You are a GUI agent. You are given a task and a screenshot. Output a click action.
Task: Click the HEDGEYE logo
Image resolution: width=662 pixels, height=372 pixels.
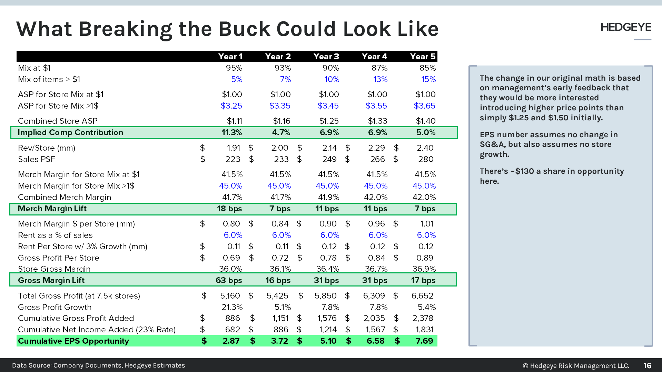pyautogui.click(x=625, y=27)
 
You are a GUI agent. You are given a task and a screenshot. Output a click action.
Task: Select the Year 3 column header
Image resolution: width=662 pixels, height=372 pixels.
pyautogui.click(x=326, y=57)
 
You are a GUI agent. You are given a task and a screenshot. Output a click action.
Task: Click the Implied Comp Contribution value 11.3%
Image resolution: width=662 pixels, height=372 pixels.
pyautogui.click(x=231, y=132)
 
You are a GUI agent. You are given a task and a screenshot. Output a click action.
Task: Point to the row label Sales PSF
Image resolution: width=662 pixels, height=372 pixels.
pyautogui.click(x=37, y=159)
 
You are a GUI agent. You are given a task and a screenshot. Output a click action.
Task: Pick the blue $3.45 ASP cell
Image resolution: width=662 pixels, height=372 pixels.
pyautogui.click(x=328, y=106)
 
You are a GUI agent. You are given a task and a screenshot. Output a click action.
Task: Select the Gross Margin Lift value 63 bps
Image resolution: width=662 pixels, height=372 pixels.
pyautogui.click(x=229, y=280)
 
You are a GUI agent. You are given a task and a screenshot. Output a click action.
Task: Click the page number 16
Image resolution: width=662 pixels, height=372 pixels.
pyautogui.click(x=647, y=365)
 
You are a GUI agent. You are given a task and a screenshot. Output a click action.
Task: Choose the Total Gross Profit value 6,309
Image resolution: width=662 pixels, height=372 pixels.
pyautogui.click(x=374, y=296)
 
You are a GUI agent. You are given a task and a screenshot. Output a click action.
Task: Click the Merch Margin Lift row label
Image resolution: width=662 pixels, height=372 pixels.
pyautogui.click(x=52, y=209)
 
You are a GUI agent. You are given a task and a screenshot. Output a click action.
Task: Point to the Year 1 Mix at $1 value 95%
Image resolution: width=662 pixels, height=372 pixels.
pyautogui.click(x=234, y=68)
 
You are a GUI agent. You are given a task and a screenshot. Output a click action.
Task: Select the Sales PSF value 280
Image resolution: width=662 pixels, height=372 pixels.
pyautogui.click(x=426, y=159)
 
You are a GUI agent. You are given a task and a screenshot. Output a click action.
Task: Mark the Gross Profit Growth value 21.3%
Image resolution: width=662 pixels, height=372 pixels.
pyautogui.click(x=232, y=307)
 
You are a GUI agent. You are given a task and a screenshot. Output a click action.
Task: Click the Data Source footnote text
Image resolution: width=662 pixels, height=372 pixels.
pyautogui.click(x=98, y=365)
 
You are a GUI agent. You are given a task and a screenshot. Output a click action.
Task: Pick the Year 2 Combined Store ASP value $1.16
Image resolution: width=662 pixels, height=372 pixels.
pyautogui.click(x=281, y=121)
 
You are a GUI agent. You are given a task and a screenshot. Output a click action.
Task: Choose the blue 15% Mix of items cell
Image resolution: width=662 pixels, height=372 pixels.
pyautogui.click(x=428, y=79)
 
